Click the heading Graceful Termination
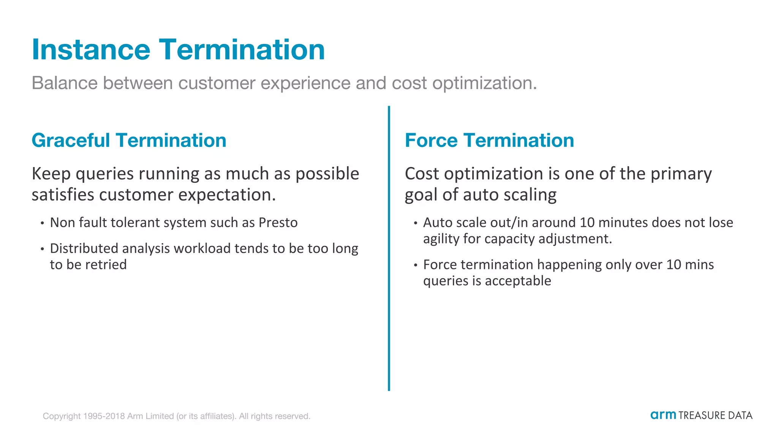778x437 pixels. point(129,140)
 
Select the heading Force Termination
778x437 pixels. point(489,140)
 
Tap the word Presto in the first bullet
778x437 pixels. point(278,223)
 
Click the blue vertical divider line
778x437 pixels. point(389,248)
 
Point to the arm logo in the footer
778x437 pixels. point(663,415)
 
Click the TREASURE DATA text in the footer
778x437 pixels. point(715,416)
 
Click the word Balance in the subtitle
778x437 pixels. point(65,83)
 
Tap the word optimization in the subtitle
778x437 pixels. point(484,83)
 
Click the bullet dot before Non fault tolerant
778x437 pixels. point(42,223)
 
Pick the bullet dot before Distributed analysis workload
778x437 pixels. point(42,249)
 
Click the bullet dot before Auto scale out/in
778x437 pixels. point(416,223)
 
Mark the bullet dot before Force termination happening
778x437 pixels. point(416,265)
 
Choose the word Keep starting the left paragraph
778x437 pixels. point(51,174)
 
